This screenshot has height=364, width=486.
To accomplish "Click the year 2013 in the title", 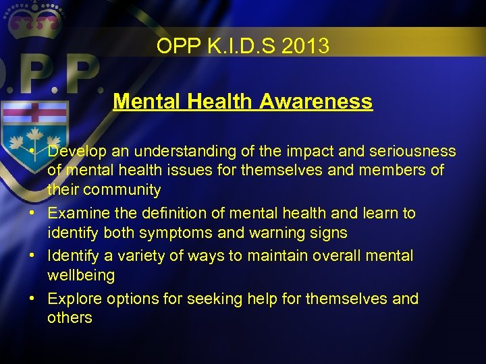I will (x=306, y=47).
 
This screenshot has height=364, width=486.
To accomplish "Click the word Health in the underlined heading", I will (x=220, y=102).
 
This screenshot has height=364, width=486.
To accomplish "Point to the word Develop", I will (x=76, y=152).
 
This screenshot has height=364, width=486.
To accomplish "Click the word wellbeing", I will (x=81, y=276).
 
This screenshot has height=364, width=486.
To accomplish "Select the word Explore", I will (x=73, y=299).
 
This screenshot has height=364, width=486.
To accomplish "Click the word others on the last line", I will (x=70, y=318).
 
